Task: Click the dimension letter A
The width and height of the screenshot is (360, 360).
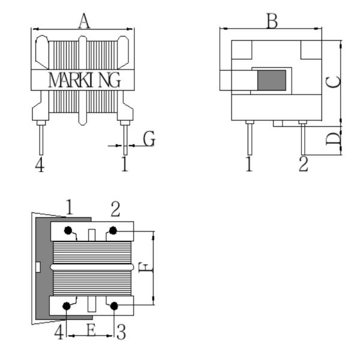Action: [x=84, y=21]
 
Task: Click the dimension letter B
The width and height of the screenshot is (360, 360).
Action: [x=272, y=21]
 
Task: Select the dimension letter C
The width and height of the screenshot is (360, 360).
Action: [x=334, y=82]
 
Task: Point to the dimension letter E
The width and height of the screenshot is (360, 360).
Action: [x=91, y=331]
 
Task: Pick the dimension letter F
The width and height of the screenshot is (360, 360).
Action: [x=146, y=268]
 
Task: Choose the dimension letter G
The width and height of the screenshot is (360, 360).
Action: [x=149, y=139]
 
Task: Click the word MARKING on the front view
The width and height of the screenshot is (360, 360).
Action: [x=84, y=80]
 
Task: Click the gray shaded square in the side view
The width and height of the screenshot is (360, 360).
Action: [x=272, y=80]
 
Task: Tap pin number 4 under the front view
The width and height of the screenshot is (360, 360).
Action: [x=40, y=164]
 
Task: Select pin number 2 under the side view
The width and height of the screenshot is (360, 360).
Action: [x=303, y=164]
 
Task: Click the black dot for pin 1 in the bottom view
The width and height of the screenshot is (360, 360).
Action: [x=68, y=230]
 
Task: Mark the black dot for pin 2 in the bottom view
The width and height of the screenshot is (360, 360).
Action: [x=113, y=230]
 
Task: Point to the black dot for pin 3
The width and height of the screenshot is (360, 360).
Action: [x=114, y=306]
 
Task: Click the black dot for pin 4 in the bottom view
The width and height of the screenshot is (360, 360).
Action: [x=67, y=306]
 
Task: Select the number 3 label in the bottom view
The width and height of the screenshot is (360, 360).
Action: [x=121, y=332]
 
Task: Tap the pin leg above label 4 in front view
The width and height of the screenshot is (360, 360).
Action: [x=41, y=140]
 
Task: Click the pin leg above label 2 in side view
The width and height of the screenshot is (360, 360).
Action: [x=303, y=139]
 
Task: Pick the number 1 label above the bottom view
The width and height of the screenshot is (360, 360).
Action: [x=70, y=207]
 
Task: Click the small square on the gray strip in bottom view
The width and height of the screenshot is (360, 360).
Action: [x=38, y=267]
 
